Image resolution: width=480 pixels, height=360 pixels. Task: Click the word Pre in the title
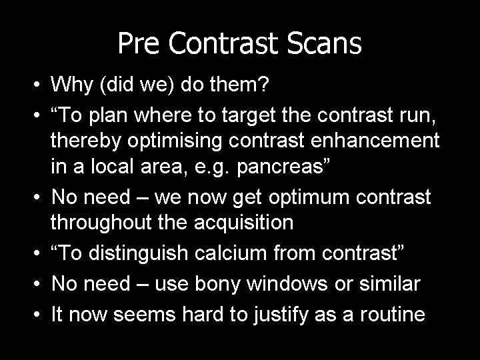139,43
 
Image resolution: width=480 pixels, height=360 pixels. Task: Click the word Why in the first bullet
71,84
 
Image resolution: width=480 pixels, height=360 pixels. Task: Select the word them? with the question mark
239,83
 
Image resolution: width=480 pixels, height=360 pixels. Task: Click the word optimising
175,141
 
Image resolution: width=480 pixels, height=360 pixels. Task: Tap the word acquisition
244,223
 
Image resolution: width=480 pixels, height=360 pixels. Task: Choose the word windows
287,283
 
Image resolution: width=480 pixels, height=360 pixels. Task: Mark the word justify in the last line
281,315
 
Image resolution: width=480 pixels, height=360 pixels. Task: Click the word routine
393,314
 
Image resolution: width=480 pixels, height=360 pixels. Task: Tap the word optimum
309,197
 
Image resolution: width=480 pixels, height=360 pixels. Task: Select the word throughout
101,223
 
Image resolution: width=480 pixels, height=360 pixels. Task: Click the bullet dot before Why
37,84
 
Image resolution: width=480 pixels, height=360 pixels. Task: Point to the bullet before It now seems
37,315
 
